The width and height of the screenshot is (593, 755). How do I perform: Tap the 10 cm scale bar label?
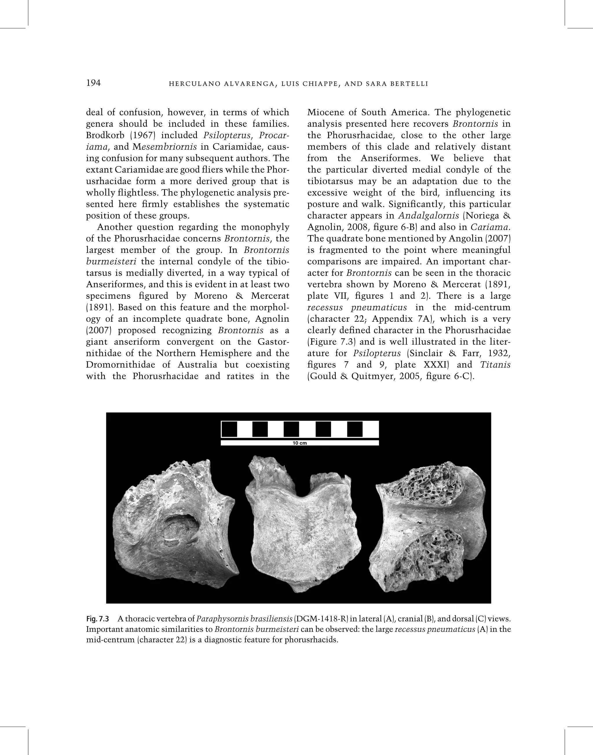point(300,443)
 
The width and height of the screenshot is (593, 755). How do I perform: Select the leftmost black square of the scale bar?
point(229,429)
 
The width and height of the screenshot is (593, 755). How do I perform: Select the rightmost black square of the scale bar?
point(354,429)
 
